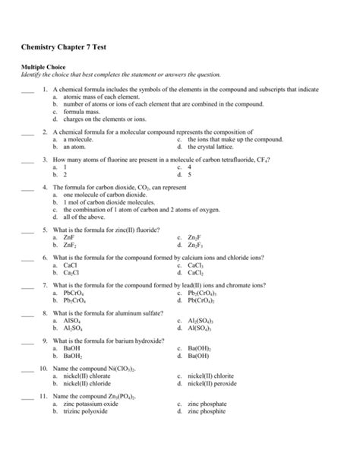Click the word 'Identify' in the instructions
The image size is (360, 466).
(x=31, y=75)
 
